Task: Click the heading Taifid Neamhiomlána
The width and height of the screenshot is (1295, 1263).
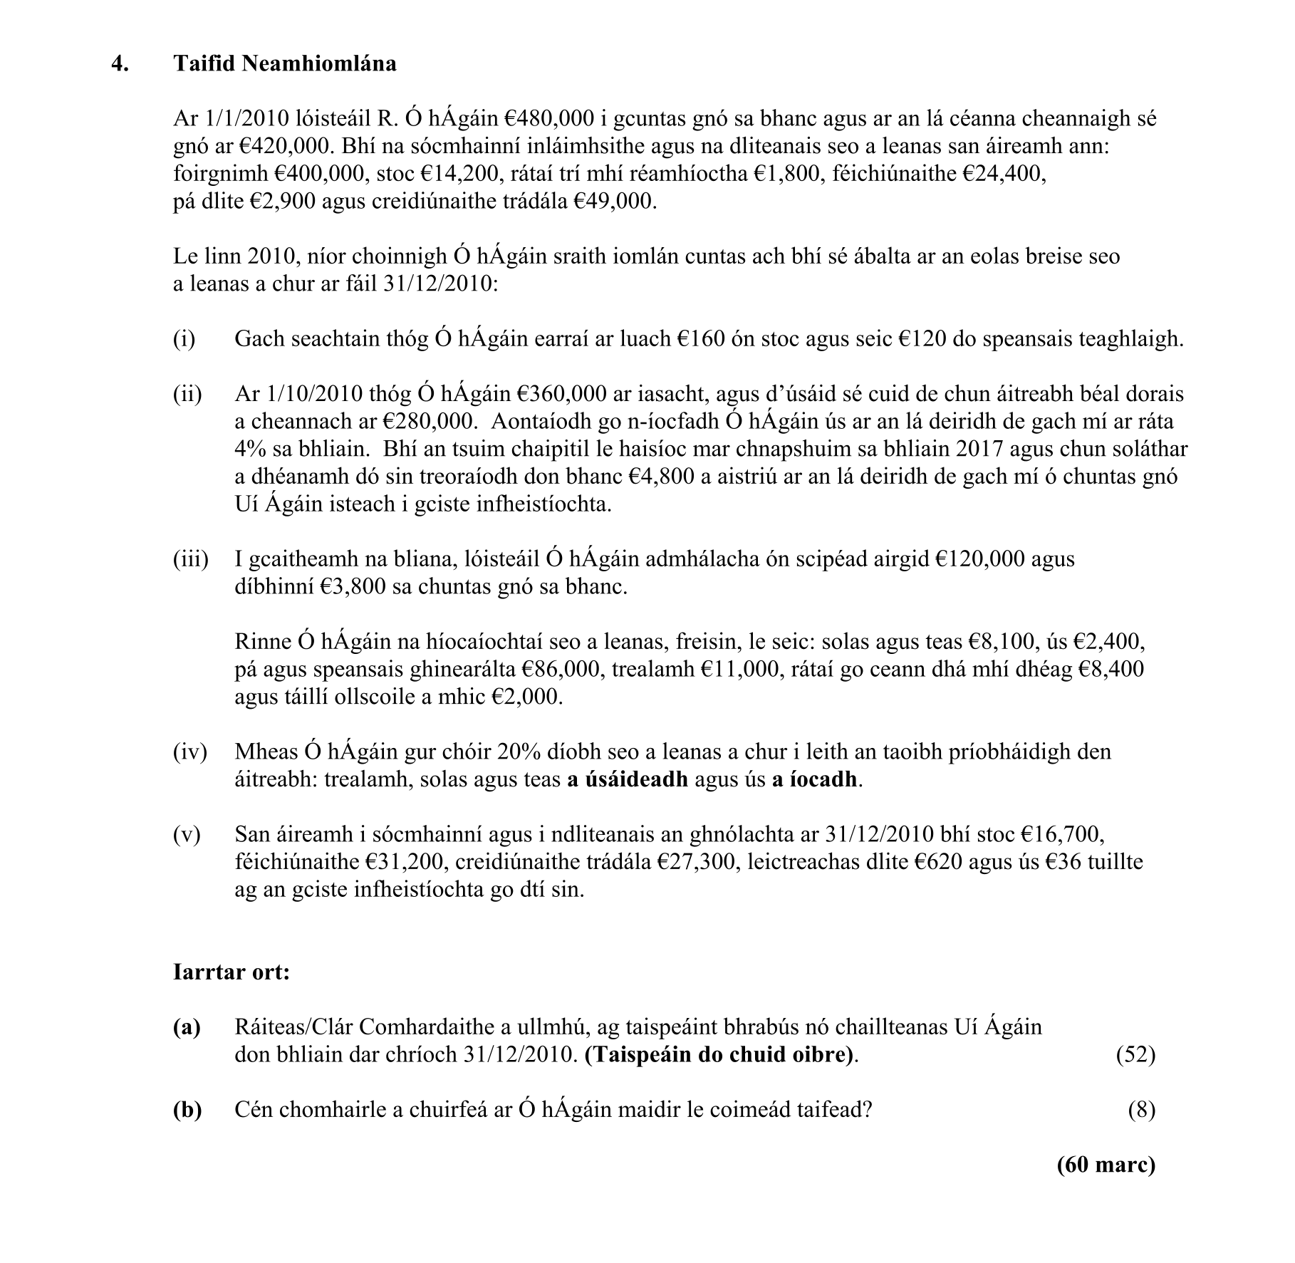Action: click(285, 64)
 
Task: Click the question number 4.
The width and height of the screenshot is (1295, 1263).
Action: click(120, 64)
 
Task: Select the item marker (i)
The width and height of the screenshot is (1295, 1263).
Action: click(184, 338)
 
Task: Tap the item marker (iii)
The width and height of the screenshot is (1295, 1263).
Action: click(190, 559)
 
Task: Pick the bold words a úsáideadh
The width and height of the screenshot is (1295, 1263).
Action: click(627, 780)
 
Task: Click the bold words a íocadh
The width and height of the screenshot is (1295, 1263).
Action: click(815, 780)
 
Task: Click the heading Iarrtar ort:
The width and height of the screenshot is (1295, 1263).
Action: click(232, 972)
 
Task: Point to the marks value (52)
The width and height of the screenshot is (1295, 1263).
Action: click(1135, 1055)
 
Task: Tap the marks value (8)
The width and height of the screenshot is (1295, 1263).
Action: click(1141, 1110)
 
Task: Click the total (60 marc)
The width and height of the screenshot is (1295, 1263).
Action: click(1106, 1165)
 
